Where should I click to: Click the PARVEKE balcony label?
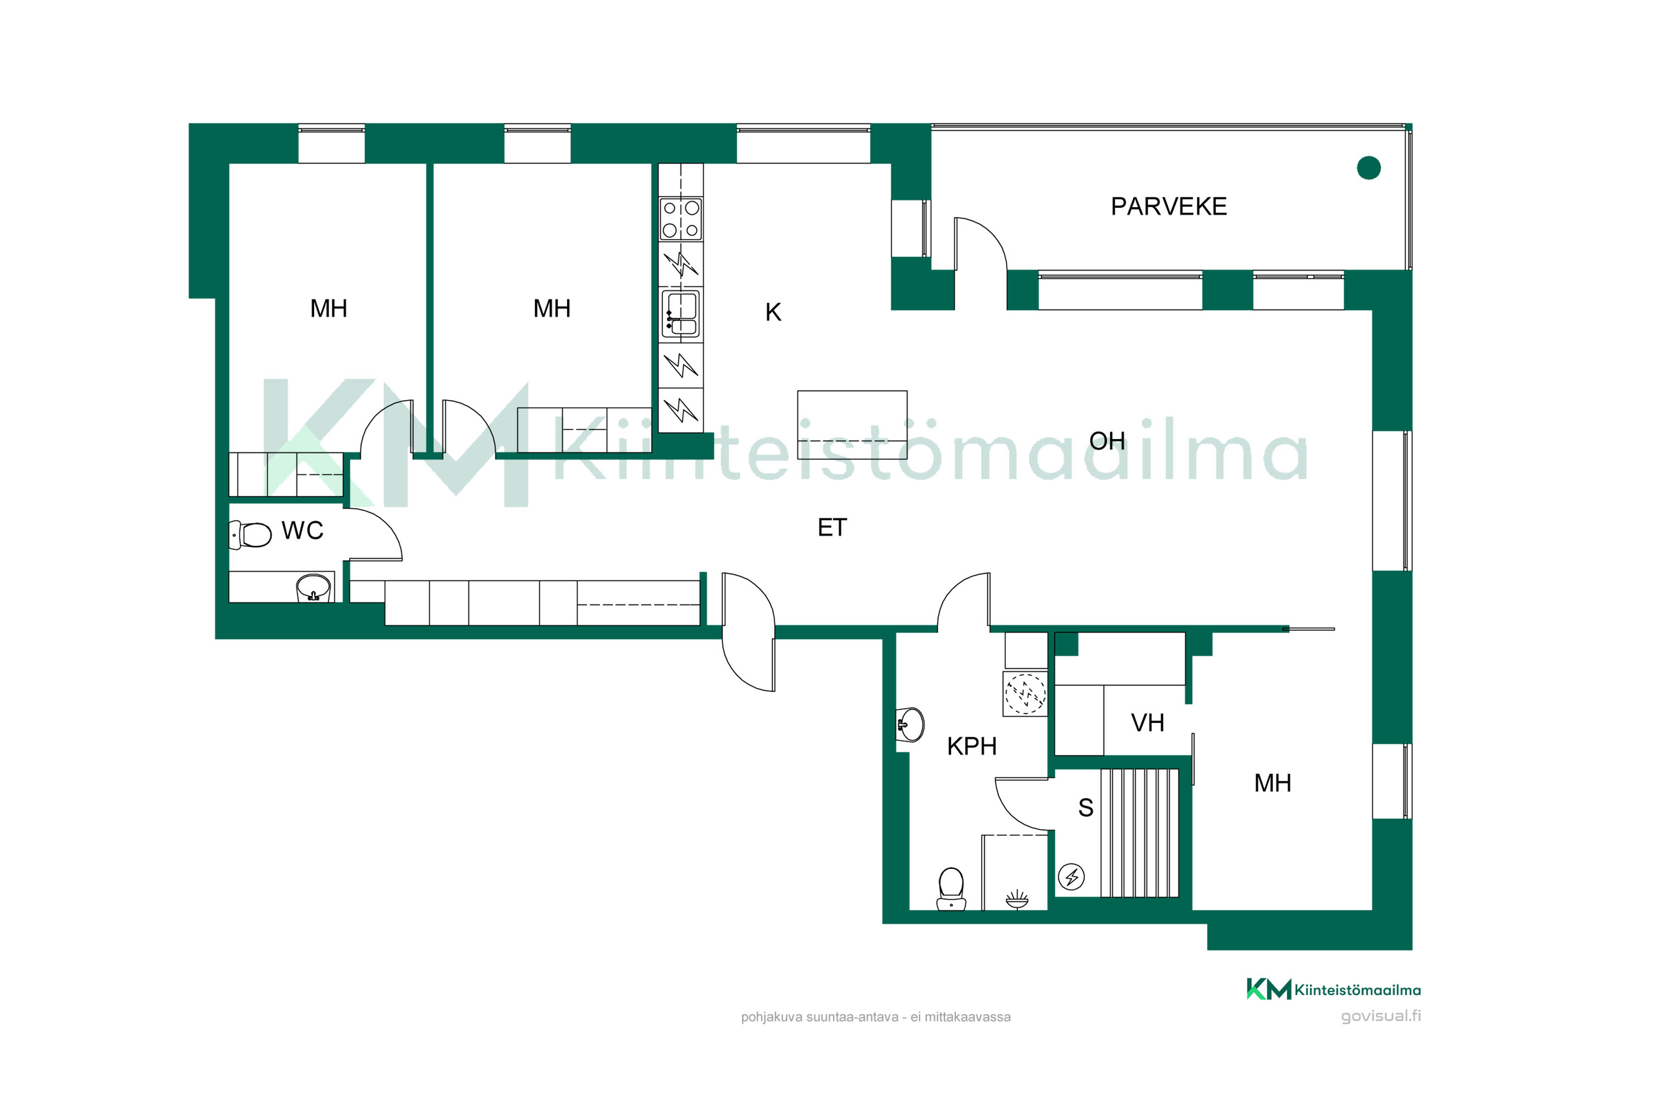point(1169,207)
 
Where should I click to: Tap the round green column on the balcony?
point(1368,168)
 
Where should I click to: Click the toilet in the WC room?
point(250,535)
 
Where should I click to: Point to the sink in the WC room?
point(314,587)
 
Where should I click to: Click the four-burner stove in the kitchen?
point(681,219)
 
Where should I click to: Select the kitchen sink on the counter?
point(680,314)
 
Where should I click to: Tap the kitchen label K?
point(773,312)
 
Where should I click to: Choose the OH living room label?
point(1107,441)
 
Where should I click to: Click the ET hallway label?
point(832,528)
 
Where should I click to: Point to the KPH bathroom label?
point(972,747)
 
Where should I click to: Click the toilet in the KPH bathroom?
point(951,889)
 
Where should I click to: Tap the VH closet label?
point(1148,723)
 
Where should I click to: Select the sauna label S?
point(1086,808)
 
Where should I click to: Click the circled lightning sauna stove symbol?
point(1071,877)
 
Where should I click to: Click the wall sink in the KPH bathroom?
point(910,725)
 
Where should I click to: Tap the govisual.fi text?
point(1380,1016)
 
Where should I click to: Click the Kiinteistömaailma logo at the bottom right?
point(1333,990)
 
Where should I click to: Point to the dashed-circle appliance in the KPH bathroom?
point(1025,694)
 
